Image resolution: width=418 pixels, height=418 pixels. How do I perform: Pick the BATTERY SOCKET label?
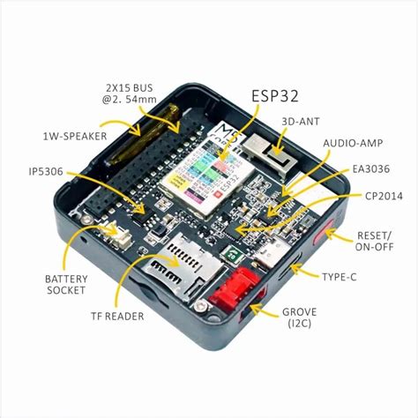(x=65, y=283)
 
